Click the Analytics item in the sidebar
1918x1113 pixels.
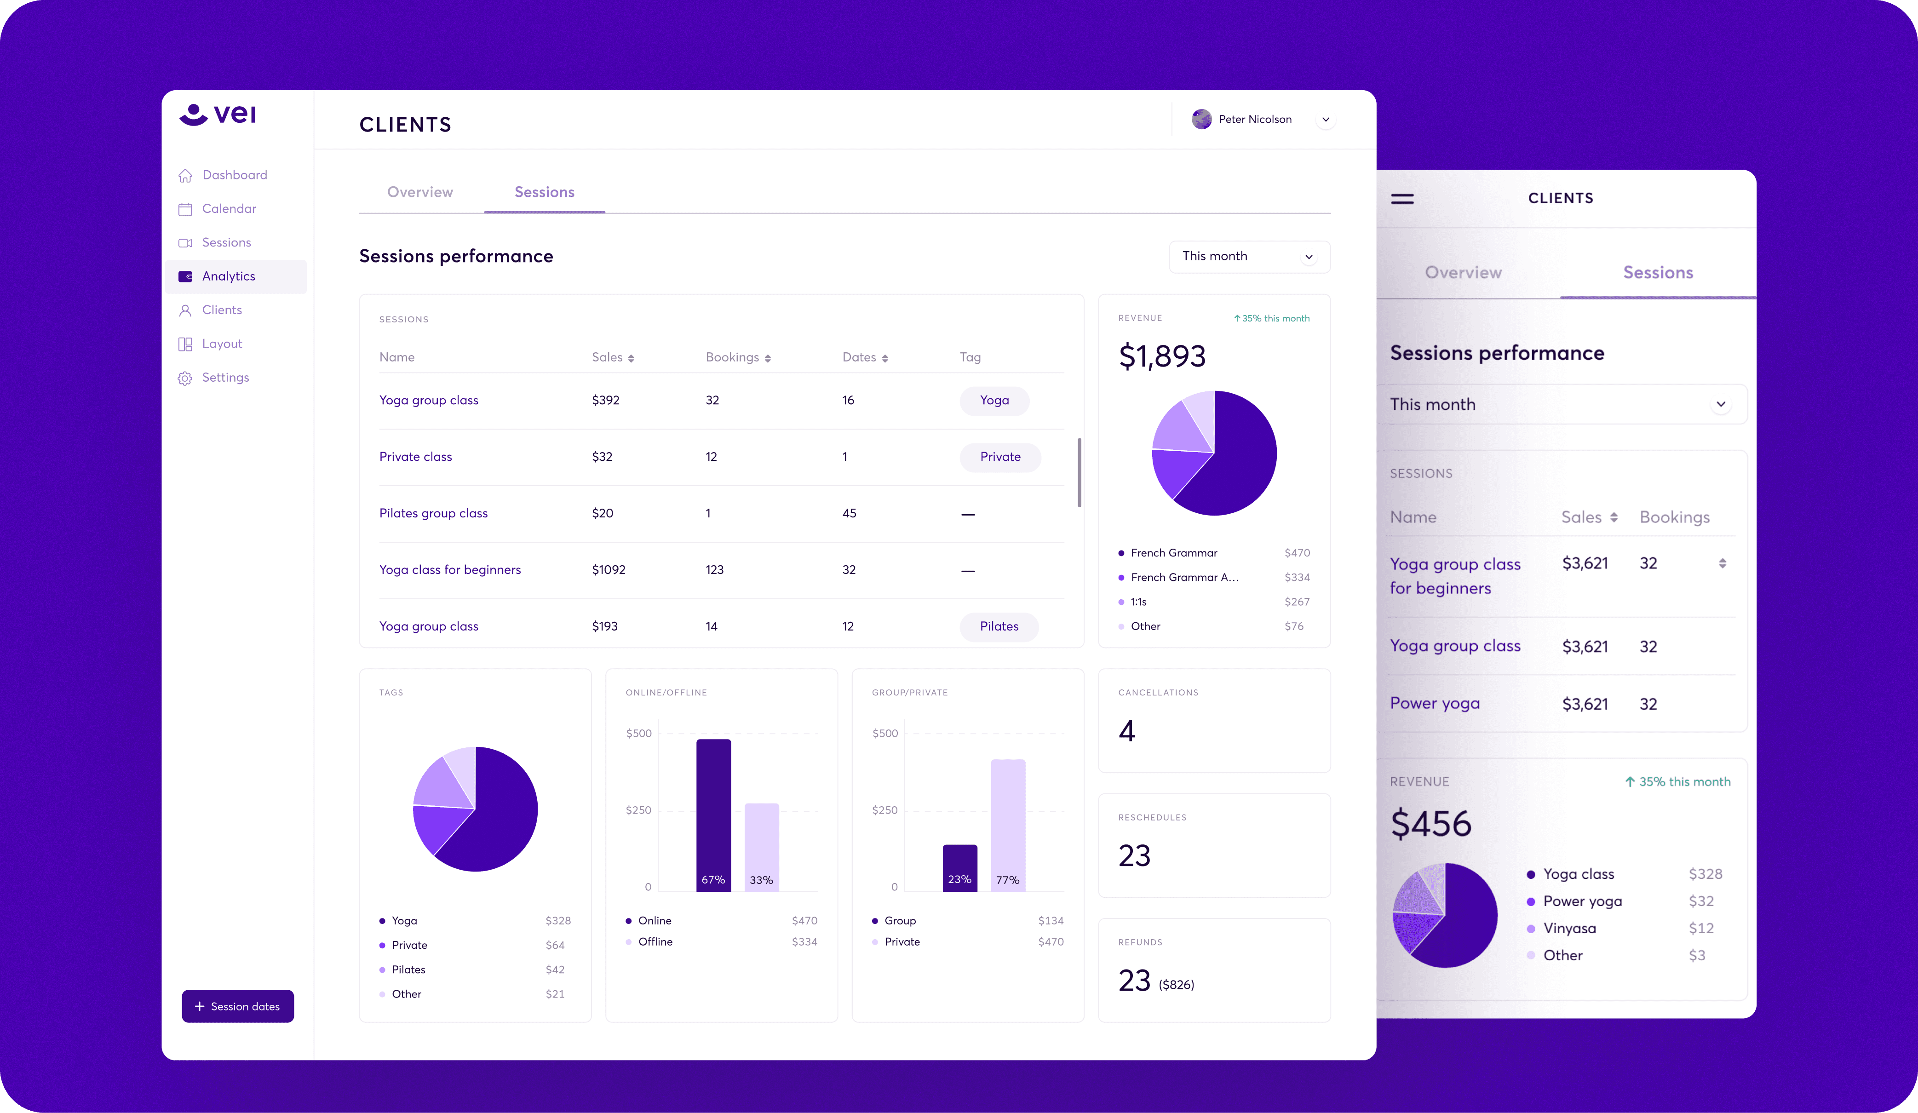228,276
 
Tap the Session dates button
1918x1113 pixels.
237,1006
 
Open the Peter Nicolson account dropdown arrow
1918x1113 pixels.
1325,120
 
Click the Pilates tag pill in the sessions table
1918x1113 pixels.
999,626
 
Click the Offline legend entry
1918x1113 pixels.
655,942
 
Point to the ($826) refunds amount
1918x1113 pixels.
1176,985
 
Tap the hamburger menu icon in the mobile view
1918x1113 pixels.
1402,199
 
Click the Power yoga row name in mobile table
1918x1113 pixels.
1434,703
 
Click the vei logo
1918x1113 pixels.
218,114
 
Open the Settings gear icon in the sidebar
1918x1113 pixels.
185,379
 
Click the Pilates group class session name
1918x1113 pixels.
433,513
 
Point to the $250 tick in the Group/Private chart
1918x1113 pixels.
884,810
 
